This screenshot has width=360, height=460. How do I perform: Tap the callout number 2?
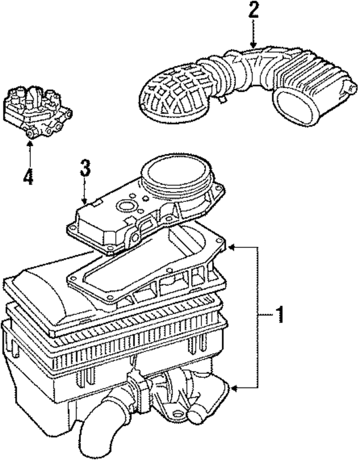click(x=253, y=11)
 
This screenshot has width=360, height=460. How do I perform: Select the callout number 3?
click(x=84, y=168)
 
